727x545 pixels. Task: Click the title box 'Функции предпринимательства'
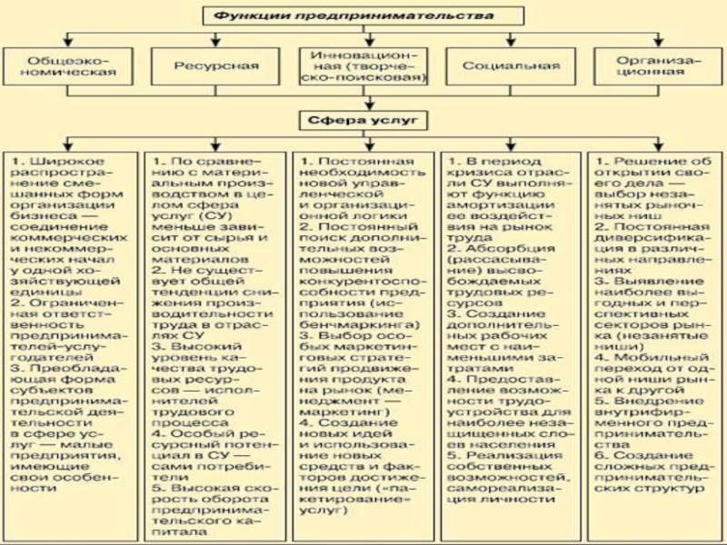click(360, 15)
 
